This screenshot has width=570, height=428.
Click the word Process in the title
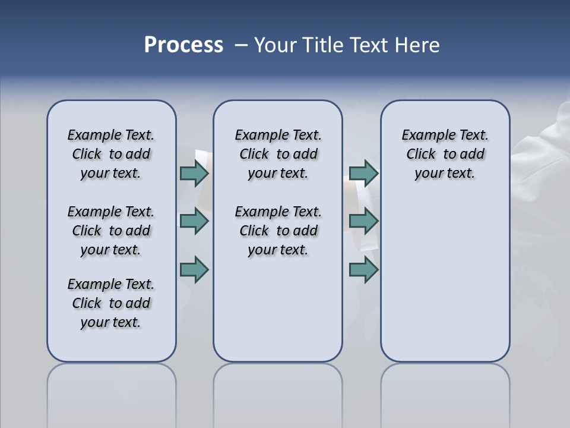(183, 45)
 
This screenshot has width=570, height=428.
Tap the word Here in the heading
(417, 45)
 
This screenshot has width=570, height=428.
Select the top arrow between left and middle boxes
(194, 173)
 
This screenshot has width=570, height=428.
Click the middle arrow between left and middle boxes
(194, 221)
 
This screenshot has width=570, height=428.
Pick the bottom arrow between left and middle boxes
(194, 269)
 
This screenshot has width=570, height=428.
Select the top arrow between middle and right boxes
(363, 173)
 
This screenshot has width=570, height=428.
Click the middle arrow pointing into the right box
(363, 221)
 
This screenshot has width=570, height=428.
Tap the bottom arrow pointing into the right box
(363, 269)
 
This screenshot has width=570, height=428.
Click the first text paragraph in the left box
(111, 154)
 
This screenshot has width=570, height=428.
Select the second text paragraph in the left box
(111, 231)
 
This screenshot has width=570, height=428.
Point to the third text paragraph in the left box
(111, 303)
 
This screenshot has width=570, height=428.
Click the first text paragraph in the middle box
(278, 154)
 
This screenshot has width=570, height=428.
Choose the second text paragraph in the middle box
(278, 231)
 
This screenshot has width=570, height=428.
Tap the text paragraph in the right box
(445, 154)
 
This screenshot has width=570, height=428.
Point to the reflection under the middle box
(278, 392)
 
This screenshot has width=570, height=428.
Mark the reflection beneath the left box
(112, 392)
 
